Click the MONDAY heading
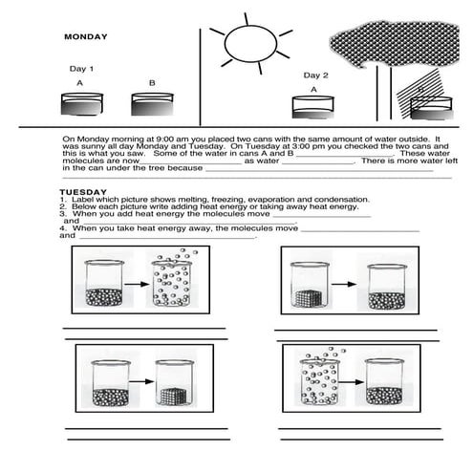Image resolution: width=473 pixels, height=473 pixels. coord(85,37)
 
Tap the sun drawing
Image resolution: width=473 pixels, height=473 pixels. coord(250,42)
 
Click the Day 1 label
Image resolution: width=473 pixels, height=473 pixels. coord(81,69)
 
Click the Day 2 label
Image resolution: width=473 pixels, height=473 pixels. coord(316,75)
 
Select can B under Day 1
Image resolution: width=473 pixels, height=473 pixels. coord(152,101)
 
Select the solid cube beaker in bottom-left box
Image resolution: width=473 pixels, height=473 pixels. coord(177,382)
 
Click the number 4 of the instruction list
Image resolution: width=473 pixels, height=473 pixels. coord(62,229)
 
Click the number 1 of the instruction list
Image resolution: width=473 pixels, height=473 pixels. coord(62,199)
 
